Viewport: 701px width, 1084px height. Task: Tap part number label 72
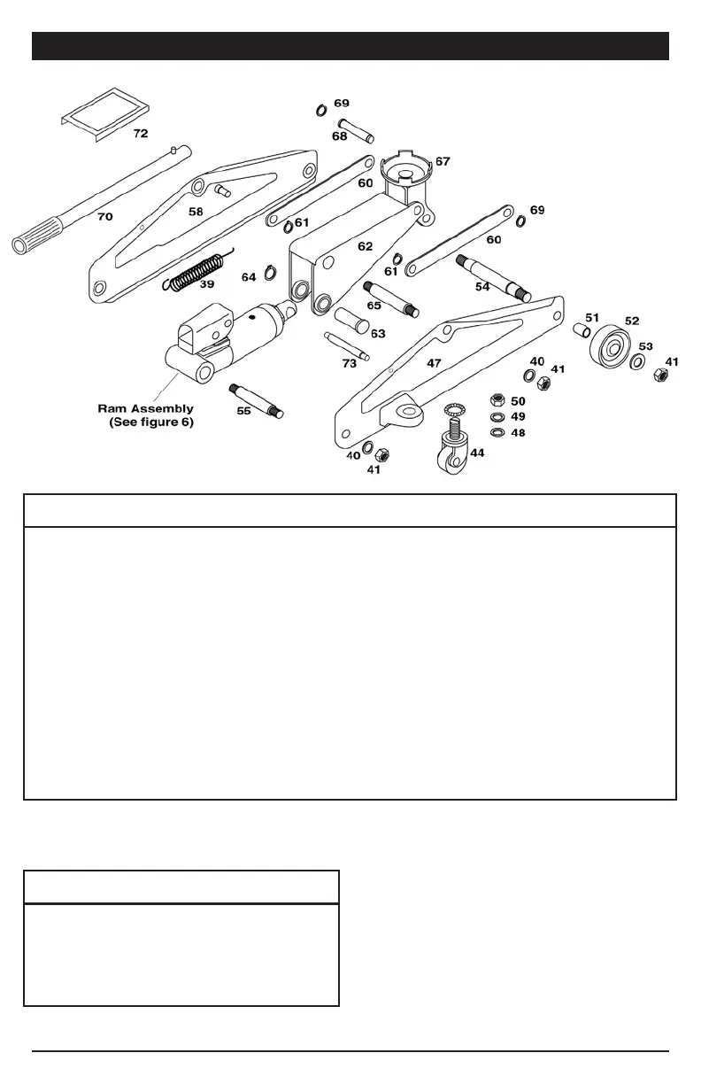pos(141,134)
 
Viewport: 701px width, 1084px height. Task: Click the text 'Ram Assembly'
pos(145,409)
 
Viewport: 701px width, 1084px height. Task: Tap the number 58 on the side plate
pos(196,213)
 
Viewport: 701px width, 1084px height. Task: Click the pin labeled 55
pos(257,399)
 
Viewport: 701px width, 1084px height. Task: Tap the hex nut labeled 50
pos(497,401)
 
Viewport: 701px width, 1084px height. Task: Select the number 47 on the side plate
pos(434,363)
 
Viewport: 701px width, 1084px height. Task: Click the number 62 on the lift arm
pos(365,246)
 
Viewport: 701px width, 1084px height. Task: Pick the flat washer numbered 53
pos(637,361)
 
